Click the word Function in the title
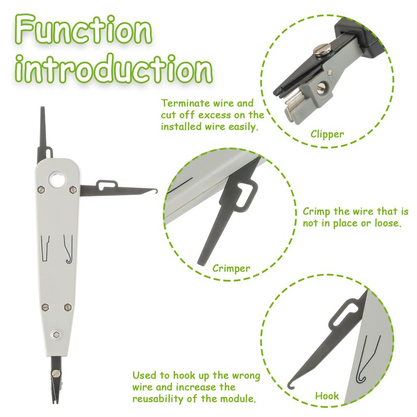point(83,30)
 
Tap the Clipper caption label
point(327,134)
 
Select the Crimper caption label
point(231,268)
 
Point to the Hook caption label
point(327,396)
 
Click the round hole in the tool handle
point(57,180)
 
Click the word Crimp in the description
point(317,212)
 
